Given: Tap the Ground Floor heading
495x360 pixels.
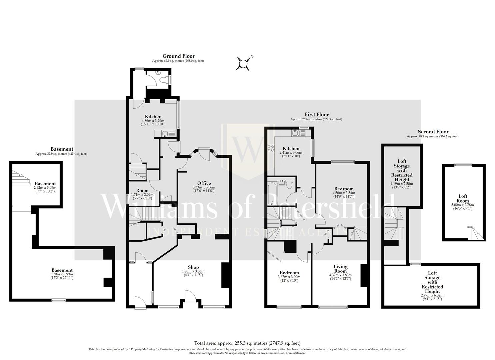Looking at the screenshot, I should click(x=178, y=56).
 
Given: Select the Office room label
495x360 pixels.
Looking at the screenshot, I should click(x=204, y=183).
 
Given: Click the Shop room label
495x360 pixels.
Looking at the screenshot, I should click(x=193, y=267).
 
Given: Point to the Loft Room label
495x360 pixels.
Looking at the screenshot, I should click(x=463, y=199).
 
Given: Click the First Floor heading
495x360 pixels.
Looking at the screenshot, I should click(x=316, y=114).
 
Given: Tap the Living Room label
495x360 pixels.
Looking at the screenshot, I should click(x=340, y=269).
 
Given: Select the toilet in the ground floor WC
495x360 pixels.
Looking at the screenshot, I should click(x=164, y=80).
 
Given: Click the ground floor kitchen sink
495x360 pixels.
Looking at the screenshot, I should click(x=164, y=134).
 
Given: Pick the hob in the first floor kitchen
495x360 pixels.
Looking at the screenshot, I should click(x=270, y=148).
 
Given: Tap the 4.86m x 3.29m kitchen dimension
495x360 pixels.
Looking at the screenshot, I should click(x=153, y=121).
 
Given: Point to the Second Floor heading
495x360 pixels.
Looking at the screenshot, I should click(x=433, y=132).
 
